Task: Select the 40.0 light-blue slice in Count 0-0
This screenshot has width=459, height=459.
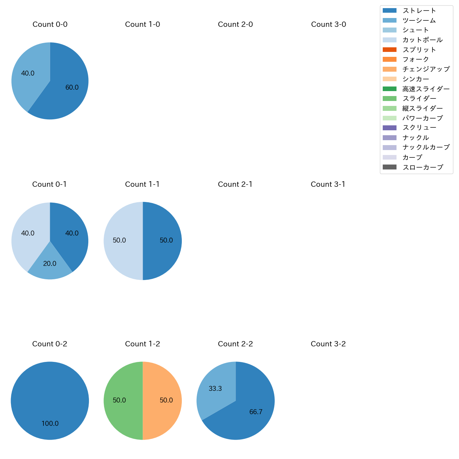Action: click(28, 74)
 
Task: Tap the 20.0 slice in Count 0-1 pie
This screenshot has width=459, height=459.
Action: click(50, 265)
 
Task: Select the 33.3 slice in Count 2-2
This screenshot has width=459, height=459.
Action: click(215, 388)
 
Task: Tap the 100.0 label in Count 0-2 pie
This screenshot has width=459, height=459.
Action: click(50, 424)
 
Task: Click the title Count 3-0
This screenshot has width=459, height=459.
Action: click(328, 24)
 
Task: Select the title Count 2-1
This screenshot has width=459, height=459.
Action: click(235, 184)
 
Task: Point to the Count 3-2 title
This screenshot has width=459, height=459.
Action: click(328, 344)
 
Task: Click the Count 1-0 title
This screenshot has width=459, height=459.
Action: click(143, 24)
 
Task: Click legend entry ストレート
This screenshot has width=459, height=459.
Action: click(419, 11)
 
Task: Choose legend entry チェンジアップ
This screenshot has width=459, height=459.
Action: click(426, 69)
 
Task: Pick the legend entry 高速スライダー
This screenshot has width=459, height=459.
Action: click(426, 89)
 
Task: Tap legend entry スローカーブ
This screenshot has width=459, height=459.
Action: click(423, 167)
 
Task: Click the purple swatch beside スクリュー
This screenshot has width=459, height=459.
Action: click(389, 128)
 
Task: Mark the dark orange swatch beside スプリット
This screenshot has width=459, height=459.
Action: click(389, 50)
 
